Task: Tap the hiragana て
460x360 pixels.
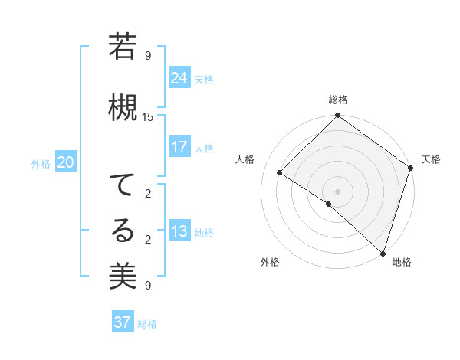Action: point(123,186)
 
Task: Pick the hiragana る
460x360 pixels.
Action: point(123,230)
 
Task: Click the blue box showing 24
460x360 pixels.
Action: point(179,78)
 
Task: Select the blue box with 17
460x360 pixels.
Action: point(179,147)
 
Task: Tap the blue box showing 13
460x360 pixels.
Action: point(179,231)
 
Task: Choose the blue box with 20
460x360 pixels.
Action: point(66,162)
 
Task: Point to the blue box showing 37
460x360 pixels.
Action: point(122,322)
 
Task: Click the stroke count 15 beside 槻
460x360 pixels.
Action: point(148,116)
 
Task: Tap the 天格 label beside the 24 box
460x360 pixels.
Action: point(204,80)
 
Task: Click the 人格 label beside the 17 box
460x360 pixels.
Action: point(204,149)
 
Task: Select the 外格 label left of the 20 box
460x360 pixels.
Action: point(41,164)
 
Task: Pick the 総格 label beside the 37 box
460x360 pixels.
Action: point(147,324)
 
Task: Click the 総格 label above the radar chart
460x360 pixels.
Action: point(337,100)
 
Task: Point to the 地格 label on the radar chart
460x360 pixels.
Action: point(402,262)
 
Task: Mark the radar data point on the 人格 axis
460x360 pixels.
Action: point(280,173)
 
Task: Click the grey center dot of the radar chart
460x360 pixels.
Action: point(337,190)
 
